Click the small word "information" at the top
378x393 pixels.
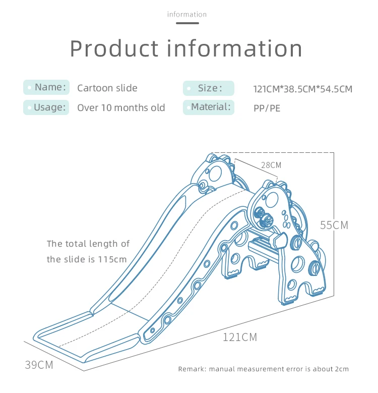point(186,14)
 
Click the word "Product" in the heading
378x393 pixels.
point(114,48)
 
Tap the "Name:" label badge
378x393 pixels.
point(46,87)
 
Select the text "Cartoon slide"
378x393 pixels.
point(107,88)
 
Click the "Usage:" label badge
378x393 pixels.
point(46,107)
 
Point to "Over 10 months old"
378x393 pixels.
point(121,107)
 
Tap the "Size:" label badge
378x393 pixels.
point(208,88)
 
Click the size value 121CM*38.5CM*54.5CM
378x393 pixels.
point(302,89)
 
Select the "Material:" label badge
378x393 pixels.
point(208,107)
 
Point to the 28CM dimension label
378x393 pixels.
point(271,165)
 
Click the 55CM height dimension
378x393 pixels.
point(334,225)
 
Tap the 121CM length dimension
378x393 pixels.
point(240,337)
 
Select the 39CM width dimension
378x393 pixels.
point(39,365)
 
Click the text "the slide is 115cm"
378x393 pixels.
point(87,259)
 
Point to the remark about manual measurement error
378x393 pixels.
point(263,369)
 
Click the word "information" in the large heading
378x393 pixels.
point(234,48)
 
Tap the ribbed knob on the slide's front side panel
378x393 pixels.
point(265,221)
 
